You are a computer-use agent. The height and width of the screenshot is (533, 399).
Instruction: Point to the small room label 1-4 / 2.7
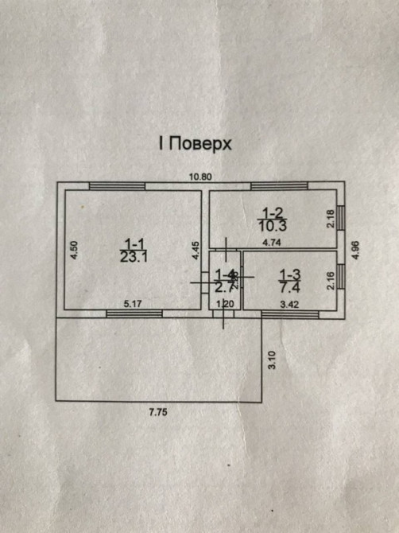(x=226, y=280)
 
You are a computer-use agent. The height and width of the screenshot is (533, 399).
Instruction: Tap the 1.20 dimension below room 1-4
(x=226, y=303)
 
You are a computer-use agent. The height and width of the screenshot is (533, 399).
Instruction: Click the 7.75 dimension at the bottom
(x=161, y=411)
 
